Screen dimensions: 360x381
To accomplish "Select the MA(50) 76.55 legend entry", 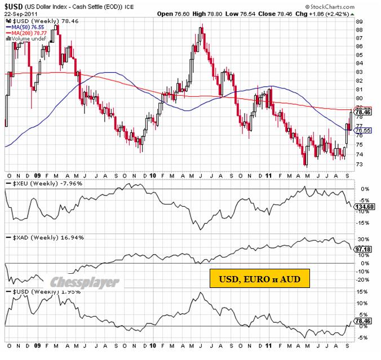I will click(x=25, y=26).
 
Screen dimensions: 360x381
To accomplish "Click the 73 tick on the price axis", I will click(x=359, y=164).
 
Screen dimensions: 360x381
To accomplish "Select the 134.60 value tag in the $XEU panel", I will click(x=364, y=207).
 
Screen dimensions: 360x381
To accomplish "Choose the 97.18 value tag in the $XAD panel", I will click(x=364, y=248).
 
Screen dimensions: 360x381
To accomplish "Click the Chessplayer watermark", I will click(x=85, y=282).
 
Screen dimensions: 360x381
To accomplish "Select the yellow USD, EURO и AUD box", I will click(x=260, y=278).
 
